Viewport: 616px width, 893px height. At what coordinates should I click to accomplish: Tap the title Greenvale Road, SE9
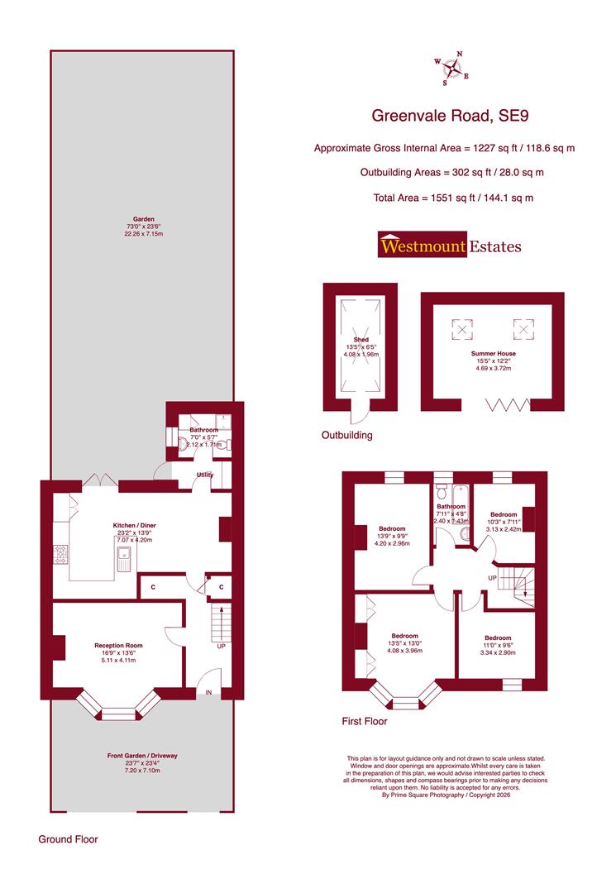(x=449, y=117)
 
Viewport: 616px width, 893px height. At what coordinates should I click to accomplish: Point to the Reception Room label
(x=118, y=645)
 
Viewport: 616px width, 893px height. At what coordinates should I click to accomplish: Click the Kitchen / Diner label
(x=134, y=525)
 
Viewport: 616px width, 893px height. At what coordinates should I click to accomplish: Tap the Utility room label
(x=204, y=475)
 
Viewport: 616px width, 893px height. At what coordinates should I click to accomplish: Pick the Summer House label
(x=491, y=353)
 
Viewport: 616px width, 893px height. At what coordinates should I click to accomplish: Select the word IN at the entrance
(x=208, y=692)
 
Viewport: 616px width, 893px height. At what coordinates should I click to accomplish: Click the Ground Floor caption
(x=68, y=839)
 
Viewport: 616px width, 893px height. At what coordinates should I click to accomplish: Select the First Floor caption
(x=365, y=721)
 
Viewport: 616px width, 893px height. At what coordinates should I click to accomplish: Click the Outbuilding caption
(x=347, y=435)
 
